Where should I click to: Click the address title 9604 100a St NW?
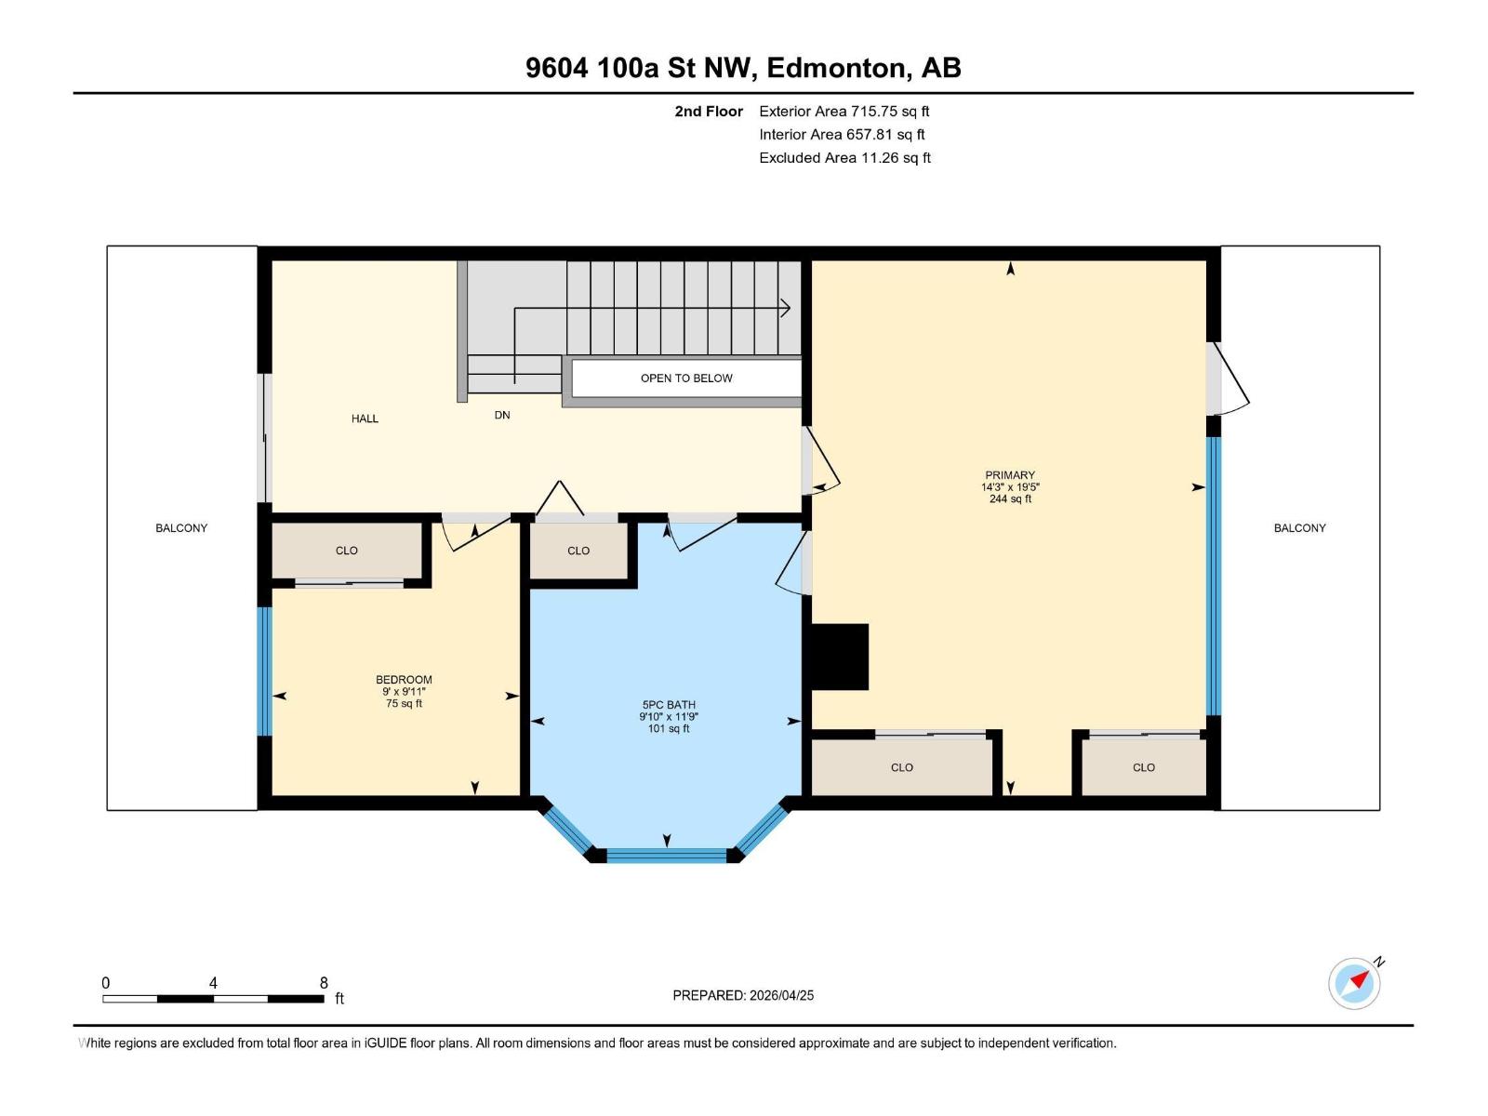743,68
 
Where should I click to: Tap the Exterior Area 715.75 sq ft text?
844,111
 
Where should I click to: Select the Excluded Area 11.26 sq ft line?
844,157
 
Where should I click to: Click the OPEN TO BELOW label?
686,378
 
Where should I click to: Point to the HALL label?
365,418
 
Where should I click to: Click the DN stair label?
502,415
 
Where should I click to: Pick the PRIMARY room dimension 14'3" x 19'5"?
1010,487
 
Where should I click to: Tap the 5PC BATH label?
668,705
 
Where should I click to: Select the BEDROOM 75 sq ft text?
404,704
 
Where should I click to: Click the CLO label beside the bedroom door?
347,551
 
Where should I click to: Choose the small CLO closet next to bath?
578,551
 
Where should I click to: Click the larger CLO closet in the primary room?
901,767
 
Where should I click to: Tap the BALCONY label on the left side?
181,527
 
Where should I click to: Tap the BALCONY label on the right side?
1299,527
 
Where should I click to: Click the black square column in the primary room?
840,657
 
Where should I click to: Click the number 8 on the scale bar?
324,983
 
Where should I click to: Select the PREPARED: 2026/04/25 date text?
743,995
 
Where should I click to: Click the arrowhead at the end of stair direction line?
786,307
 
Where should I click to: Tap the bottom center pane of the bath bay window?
666,855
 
